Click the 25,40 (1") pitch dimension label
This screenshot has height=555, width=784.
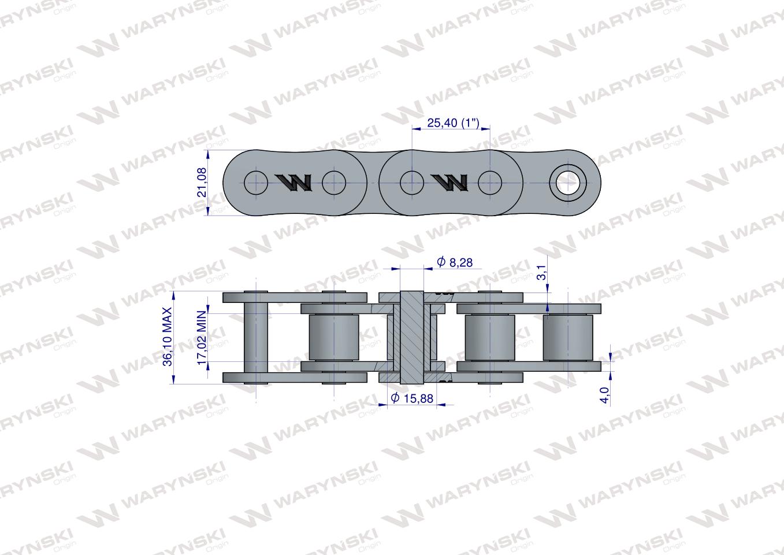tap(454, 123)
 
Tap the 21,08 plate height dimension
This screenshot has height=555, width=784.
tap(202, 182)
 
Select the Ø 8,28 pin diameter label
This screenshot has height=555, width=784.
tap(455, 262)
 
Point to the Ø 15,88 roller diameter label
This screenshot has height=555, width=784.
tap(412, 398)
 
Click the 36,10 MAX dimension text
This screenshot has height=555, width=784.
tap(168, 337)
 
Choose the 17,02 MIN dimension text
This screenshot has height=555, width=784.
tap(202, 338)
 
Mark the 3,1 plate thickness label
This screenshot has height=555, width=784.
tap(541, 272)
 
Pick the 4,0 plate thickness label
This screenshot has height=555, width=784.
tap(605, 395)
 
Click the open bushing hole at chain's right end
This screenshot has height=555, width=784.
tap(568, 183)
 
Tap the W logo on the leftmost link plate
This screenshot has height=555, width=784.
tap(294, 183)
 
